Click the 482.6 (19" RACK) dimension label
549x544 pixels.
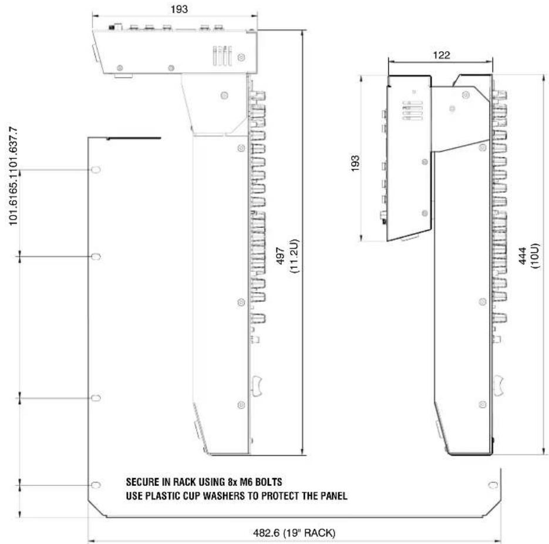click(294, 533)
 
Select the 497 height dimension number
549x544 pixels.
click(281, 256)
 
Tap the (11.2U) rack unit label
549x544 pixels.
click(294, 256)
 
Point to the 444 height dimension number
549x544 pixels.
click(522, 256)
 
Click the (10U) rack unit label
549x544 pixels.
click(535, 256)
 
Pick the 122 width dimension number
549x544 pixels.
click(441, 55)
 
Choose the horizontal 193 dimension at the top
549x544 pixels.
click(179, 9)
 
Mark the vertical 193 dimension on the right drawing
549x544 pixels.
click(355, 163)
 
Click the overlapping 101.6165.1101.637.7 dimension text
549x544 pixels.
click(13, 176)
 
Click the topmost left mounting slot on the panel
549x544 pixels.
click(96, 170)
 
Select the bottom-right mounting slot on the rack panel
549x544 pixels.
click(493, 485)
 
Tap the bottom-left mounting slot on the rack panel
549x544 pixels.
click(96, 485)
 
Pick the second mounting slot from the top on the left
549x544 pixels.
click(96, 257)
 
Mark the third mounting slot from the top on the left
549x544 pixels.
click(96, 398)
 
